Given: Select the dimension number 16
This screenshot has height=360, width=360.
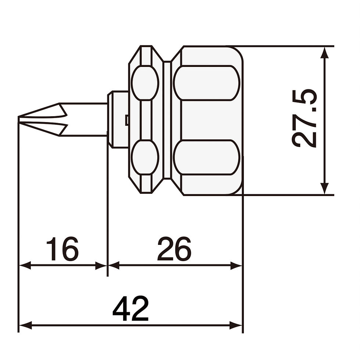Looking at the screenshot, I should (62, 249).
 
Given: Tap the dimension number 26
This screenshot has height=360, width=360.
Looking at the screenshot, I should (174, 249).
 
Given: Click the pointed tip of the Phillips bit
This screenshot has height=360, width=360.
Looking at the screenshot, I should (19, 118).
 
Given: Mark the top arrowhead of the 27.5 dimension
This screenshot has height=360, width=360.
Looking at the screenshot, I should (324, 51).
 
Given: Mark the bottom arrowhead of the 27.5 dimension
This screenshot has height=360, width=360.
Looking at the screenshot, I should (324, 189).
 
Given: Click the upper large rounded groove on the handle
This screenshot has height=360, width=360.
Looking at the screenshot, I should (206, 83).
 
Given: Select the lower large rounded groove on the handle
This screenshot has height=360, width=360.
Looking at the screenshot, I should (206, 157).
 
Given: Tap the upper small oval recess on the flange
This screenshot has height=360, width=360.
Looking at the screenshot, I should (145, 83).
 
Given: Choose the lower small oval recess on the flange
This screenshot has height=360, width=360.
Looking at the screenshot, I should (145, 157).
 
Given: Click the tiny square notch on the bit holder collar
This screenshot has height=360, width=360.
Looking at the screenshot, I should (126, 120).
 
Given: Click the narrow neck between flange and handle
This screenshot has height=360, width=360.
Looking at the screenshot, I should (167, 120).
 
